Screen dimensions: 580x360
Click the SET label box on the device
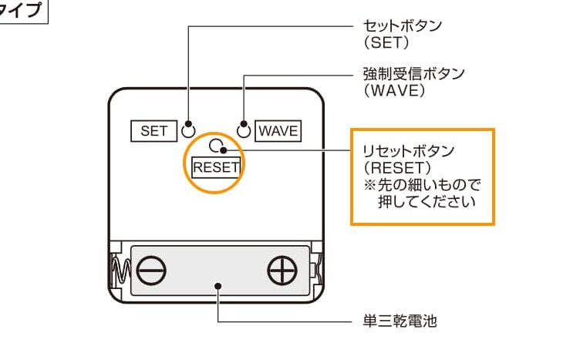(x=154, y=131)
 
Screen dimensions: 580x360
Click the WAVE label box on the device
(x=278, y=131)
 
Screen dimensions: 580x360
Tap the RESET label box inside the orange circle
(x=216, y=167)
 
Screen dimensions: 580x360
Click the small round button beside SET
(x=188, y=131)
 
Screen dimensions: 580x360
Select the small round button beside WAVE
(x=244, y=131)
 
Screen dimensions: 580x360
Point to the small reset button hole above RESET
(x=215, y=146)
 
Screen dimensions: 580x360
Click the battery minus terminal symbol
(x=151, y=271)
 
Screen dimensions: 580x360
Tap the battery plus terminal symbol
(x=282, y=271)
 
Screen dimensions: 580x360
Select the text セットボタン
(x=402, y=26)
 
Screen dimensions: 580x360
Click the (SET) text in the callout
(x=386, y=43)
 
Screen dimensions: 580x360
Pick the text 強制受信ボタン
(x=413, y=74)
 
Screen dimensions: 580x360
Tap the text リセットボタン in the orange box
(x=408, y=151)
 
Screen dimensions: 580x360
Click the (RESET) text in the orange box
(x=397, y=168)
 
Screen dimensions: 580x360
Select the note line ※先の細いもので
(x=422, y=185)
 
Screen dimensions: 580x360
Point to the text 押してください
(x=427, y=202)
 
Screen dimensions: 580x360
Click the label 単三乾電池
(x=400, y=321)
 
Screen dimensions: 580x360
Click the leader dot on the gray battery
(x=218, y=286)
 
